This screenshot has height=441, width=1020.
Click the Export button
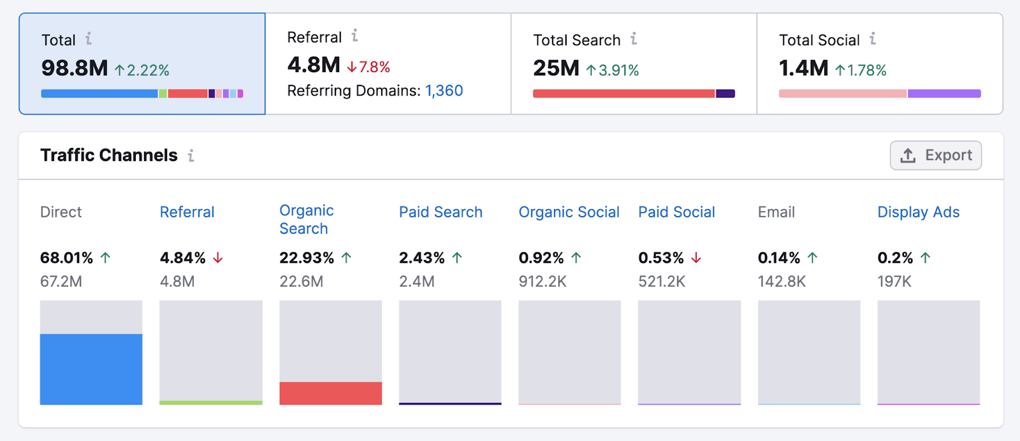[x=935, y=155]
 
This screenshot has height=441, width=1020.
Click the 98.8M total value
[x=75, y=68]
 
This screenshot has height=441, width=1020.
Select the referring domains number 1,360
[x=444, y=90]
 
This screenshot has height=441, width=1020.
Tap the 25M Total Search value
[x=556, y=68]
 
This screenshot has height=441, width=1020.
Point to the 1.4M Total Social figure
[x=803, y=68]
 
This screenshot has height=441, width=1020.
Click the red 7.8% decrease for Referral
[x=368, y=67]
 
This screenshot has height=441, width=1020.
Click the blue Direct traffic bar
[x=91, y=369]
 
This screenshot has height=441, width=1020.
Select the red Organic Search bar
[x=330, y=393]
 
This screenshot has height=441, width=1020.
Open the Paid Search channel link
[x=441, y=212]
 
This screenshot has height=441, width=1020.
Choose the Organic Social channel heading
[x=569, y=212]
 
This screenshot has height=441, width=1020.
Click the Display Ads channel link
[x=918, y=212]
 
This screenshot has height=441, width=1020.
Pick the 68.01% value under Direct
[x=66, y=258]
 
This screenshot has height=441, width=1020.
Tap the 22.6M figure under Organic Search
[x=301, y=282]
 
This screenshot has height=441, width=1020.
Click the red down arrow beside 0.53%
[x=696, y=258]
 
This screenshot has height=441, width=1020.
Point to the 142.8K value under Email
[x=782, y=282]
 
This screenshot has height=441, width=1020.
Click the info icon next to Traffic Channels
[x=191, y=155]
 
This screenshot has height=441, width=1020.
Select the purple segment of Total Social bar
[x=943, y=94]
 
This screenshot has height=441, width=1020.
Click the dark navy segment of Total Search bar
[x=725, y=94]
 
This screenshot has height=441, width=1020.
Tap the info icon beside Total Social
[x=872, y=40]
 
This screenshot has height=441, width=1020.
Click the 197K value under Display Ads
[x=894, y=282]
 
